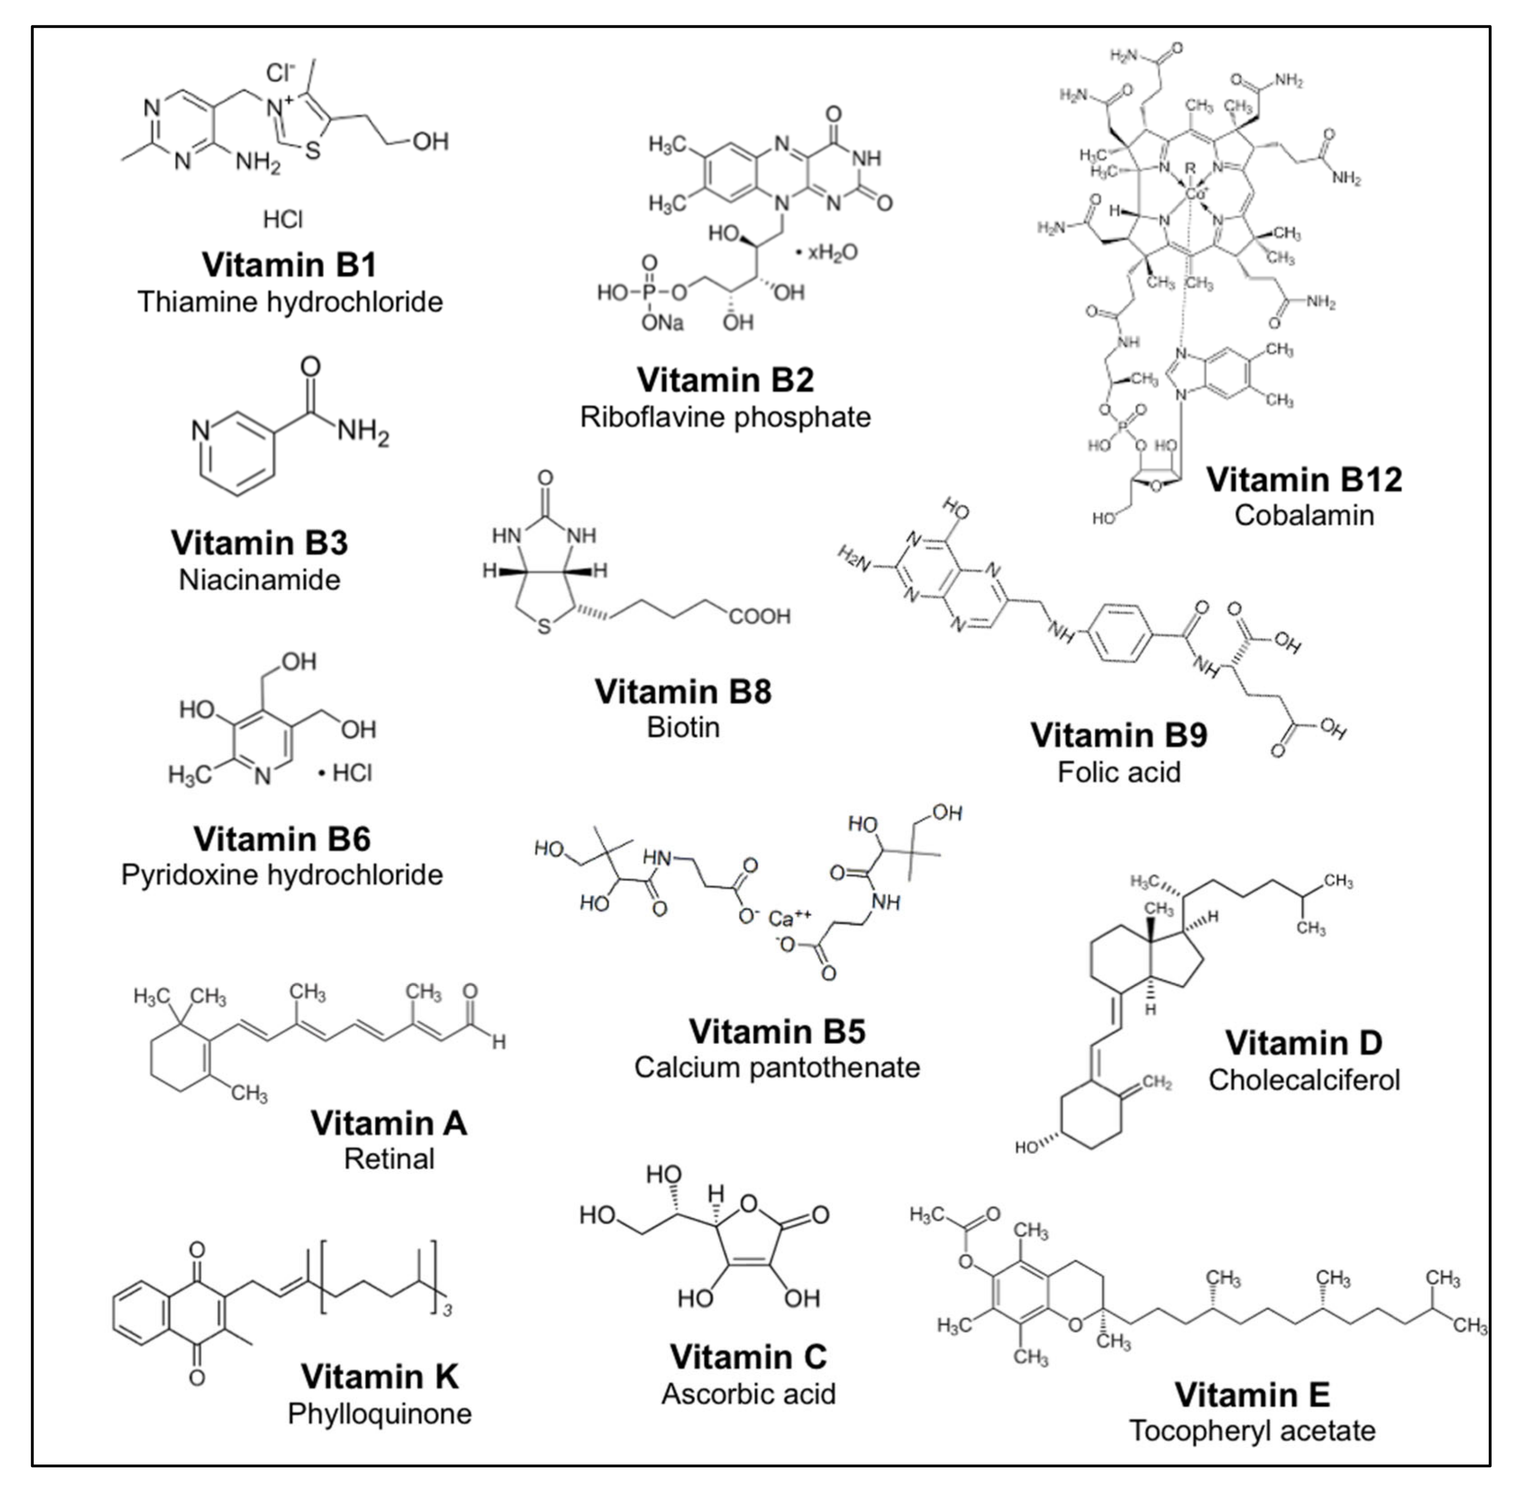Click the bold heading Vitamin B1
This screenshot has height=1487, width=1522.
(x=289, y=265)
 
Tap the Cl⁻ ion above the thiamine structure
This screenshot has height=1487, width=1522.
(x=280, y=73)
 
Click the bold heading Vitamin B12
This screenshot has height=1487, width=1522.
(x=1303, y=479)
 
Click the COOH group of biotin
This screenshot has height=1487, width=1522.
(x=759, y=617)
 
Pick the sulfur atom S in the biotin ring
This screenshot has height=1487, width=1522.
(x=544, y=626)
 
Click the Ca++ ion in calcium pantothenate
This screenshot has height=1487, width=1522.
(x=789, y=919)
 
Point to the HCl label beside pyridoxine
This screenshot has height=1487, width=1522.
(x=351, y=773)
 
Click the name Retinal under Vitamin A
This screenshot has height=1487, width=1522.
(x=389, y=1158)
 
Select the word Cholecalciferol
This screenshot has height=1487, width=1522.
(x=1303, y=1080)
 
